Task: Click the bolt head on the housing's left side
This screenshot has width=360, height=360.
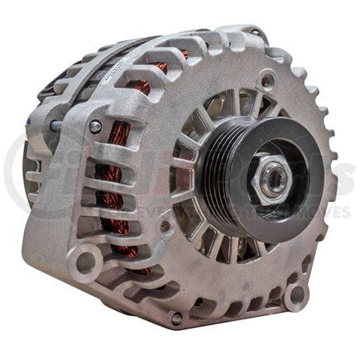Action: point(96,126)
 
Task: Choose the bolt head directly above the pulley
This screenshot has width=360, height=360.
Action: point(266,80)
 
